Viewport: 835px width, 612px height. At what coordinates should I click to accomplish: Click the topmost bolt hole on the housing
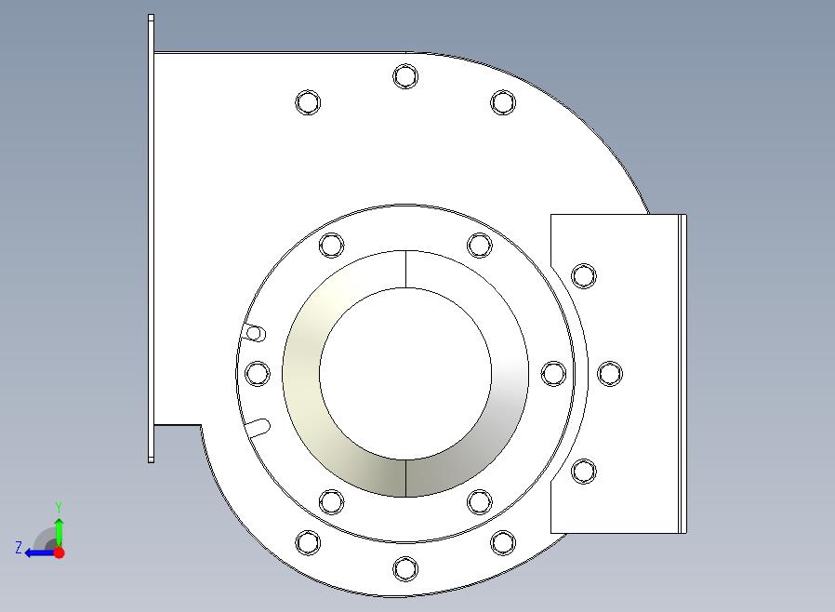[x=405, y=76]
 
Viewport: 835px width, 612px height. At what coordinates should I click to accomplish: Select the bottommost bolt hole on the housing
[x=405, y=569]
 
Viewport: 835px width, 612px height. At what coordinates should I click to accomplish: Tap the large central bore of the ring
[x=405, y=373]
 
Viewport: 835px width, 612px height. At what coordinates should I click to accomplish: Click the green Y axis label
[x=60, y=507]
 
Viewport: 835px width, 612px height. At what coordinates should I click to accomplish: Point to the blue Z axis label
[x=19, y=548]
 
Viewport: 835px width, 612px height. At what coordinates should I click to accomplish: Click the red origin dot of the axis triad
[x=60, y=552]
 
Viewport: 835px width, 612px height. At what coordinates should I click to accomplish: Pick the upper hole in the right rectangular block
[x=584, y=276]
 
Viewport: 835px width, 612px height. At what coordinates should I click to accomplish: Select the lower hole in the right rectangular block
[x=584, y=472]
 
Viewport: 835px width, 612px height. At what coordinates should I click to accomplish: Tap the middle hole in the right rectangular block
[x=610, y=373]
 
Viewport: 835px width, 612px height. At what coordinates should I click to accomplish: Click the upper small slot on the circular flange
[x=255, y=333]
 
